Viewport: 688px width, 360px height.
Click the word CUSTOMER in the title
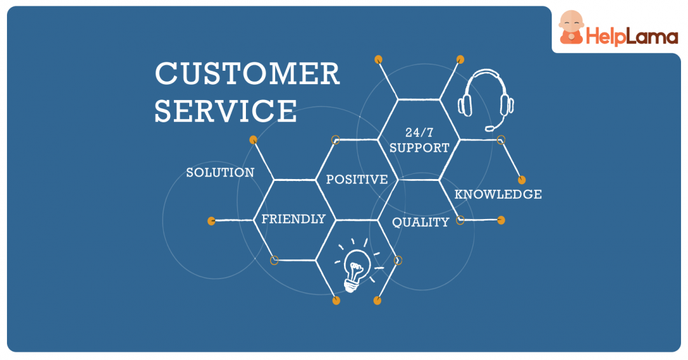(x=247, y=74)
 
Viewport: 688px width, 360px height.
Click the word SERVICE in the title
(x=226, y=110)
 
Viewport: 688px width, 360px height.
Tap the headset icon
(x=486, y=99)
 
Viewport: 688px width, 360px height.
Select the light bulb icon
(x=355, y=268)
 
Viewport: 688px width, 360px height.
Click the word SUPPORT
(x=419, y=148)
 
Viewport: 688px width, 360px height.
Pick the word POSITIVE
(x=357, y=180)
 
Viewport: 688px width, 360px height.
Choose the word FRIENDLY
(x=294, y=219)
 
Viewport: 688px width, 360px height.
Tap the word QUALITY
(x=420, y=222)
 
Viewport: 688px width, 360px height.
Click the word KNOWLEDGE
(x=498, y=194)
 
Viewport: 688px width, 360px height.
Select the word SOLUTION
(x=220, y=173)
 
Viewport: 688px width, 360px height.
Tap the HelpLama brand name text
(x=632, y=37)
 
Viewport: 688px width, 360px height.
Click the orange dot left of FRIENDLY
(x=211, y=221)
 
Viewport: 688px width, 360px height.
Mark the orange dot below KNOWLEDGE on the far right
(x=501, y=220)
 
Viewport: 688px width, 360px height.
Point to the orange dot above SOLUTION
(x=253, y=140)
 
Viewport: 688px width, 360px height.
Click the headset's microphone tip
(x=489, y=128)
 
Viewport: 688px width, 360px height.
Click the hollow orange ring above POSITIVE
(x=336, y=140)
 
